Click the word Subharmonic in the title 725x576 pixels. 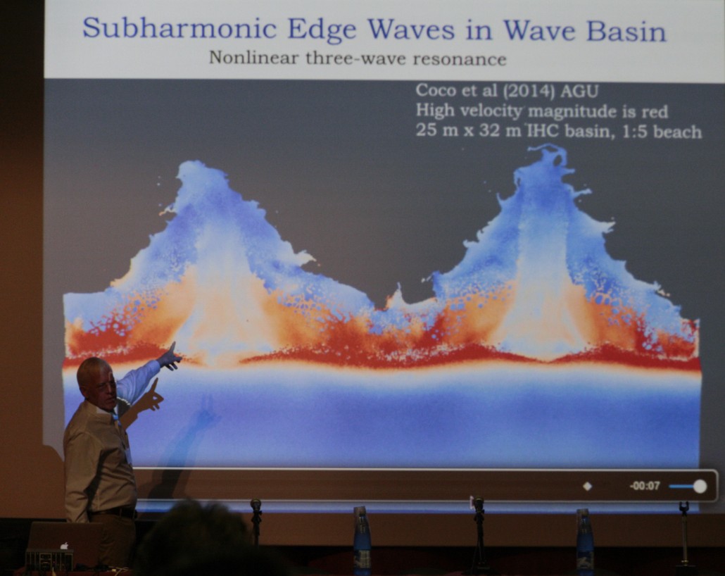(x=179, y=28)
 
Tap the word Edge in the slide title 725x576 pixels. (x=322, y=29)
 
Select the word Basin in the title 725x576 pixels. (x=626, y=30)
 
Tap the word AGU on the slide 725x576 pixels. (x=579, y=91)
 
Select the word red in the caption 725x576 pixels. (x=655, y=111)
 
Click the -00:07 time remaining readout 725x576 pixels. (x=645, y=486)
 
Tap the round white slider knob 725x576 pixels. (x=700, y=487)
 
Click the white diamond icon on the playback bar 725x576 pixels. (x=587, y=487)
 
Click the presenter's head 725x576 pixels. (x=96, y=382)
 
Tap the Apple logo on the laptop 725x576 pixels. (x=65, y=546)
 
